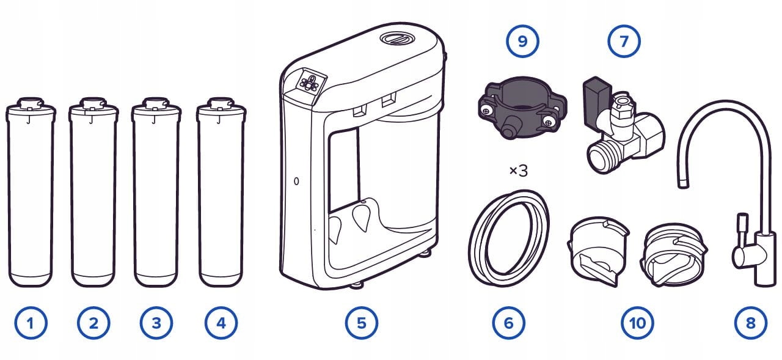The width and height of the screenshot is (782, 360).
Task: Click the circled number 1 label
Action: [x=30, y=322]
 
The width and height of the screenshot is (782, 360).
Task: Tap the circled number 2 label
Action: [x=93, y=322]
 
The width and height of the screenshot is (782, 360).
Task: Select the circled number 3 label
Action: [x=156, y=322]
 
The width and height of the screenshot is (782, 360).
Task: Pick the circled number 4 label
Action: [x=221, y=322]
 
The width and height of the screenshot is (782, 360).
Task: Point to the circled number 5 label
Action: [x=361, y=322]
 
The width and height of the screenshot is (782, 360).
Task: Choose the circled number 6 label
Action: [x=508, y=322]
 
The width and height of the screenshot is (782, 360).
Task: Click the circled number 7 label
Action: [x=623, y=42]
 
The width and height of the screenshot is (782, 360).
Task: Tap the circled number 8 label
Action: [x=750, y=322]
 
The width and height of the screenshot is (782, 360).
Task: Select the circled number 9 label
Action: [x=521, y=42]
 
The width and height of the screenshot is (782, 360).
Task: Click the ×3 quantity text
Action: [x=518, y=171]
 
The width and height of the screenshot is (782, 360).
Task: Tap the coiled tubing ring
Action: [x=508, y=237]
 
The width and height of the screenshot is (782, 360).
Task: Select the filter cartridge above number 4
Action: [x=221, y=196]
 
